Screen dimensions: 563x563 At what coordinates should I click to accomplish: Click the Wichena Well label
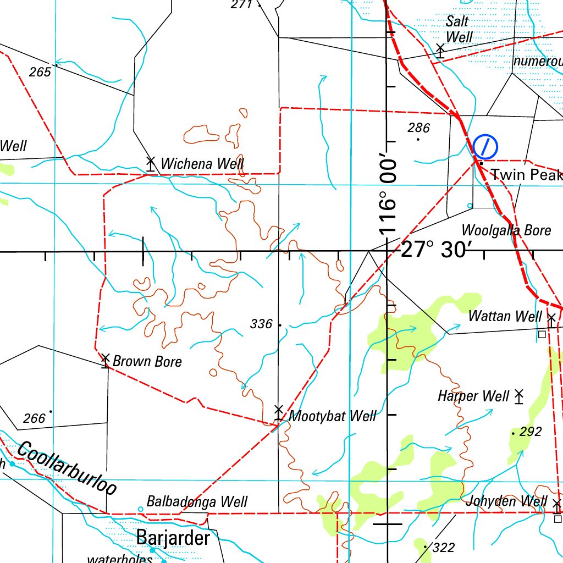202,164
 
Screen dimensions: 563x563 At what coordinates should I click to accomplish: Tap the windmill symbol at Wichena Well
150,163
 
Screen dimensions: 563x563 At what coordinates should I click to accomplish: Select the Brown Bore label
147,362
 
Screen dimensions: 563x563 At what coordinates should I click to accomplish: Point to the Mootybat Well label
333,416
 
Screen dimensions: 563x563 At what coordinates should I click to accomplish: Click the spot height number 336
261,324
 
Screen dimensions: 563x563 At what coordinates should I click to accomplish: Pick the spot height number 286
418,128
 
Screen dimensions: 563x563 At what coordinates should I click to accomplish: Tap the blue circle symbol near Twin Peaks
485,146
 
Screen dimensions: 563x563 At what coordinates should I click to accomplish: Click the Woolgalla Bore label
506,230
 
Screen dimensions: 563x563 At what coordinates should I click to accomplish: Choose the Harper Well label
473,396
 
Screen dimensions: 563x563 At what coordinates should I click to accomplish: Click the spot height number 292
530,432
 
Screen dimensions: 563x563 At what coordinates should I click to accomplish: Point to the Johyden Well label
506,501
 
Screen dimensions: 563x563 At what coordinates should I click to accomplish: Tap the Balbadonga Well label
197,502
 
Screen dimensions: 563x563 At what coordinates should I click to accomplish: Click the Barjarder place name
173,537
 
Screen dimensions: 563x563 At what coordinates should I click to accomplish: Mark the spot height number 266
34,419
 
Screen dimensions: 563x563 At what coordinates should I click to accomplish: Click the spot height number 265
40,72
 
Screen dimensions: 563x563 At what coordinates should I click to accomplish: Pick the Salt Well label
459,29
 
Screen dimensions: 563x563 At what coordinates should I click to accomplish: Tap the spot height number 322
444,548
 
